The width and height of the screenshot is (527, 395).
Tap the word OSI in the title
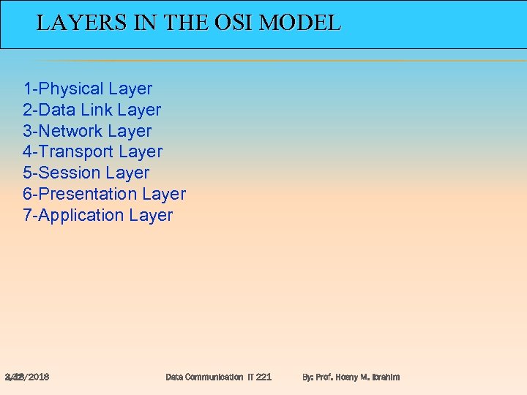click(x=234, y=23)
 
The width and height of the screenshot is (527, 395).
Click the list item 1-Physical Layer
click(x=88, y=89)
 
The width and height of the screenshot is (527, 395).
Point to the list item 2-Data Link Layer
click(x=92, y=110)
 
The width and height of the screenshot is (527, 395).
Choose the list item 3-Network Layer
click(x=87, y=132)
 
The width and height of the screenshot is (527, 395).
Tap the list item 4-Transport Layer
click(x=93, y=152)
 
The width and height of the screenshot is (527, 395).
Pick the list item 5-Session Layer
click(x=86, y=173)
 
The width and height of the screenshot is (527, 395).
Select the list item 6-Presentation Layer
click(x=105, y=195)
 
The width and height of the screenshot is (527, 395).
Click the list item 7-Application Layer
click(x=98, y=216)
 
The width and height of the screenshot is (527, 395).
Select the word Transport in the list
click(x=76, y=152)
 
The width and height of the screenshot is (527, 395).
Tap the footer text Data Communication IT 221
click(x=218, y=377)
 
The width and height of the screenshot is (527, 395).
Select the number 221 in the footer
click(x=263, y=377)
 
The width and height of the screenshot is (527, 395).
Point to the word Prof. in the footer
click(x=326, y=377)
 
